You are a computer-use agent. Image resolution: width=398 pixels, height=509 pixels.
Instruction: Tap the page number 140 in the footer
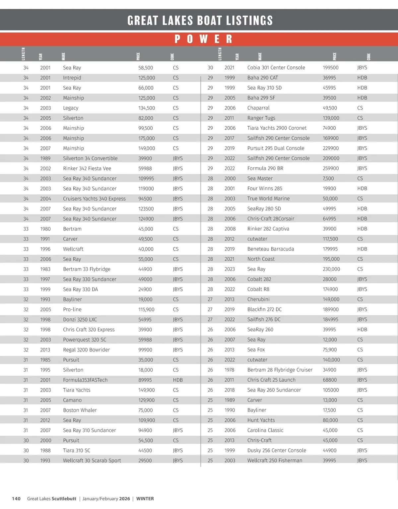click(x=16, y=498)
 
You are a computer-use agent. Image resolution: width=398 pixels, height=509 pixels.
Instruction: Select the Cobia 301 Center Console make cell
click(x=276, y=68)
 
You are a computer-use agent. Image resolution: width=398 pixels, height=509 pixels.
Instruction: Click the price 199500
click(x=330, y=68)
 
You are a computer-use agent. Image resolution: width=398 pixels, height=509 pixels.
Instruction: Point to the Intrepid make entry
click(x=72, y=78)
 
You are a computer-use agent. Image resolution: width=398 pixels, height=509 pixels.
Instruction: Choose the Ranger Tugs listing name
click(x=261, y=118)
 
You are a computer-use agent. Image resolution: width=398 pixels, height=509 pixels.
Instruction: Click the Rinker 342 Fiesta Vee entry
click(x=87, y=168)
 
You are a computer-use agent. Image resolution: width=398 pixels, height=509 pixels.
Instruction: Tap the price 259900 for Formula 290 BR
click(x=330, y=168)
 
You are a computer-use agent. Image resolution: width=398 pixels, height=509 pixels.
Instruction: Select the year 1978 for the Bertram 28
click(x=229, y=370)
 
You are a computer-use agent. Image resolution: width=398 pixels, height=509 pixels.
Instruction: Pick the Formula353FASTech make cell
click(x=85, y=380)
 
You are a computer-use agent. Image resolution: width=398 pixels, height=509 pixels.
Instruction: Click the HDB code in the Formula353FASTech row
click(x=178, y=380)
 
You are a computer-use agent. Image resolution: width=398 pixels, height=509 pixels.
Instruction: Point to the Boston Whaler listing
click(x=80, y=410)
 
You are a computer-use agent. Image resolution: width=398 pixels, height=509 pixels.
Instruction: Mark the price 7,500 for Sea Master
click(x=329, y=178)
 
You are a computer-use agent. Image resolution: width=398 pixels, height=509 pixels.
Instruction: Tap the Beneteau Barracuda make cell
click(x=270, y=249)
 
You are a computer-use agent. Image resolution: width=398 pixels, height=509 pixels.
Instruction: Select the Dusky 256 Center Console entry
click(x=277, y=450)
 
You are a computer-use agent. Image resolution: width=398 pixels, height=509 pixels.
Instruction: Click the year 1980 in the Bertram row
click(x=45, y=229)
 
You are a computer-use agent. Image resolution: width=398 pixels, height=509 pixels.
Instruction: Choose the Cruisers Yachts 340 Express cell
click(x=94, y=199)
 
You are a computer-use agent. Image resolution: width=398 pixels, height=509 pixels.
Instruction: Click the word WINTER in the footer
click(x=145, y=498)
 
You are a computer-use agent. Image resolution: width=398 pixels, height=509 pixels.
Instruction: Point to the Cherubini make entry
click(x=258, y=299)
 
